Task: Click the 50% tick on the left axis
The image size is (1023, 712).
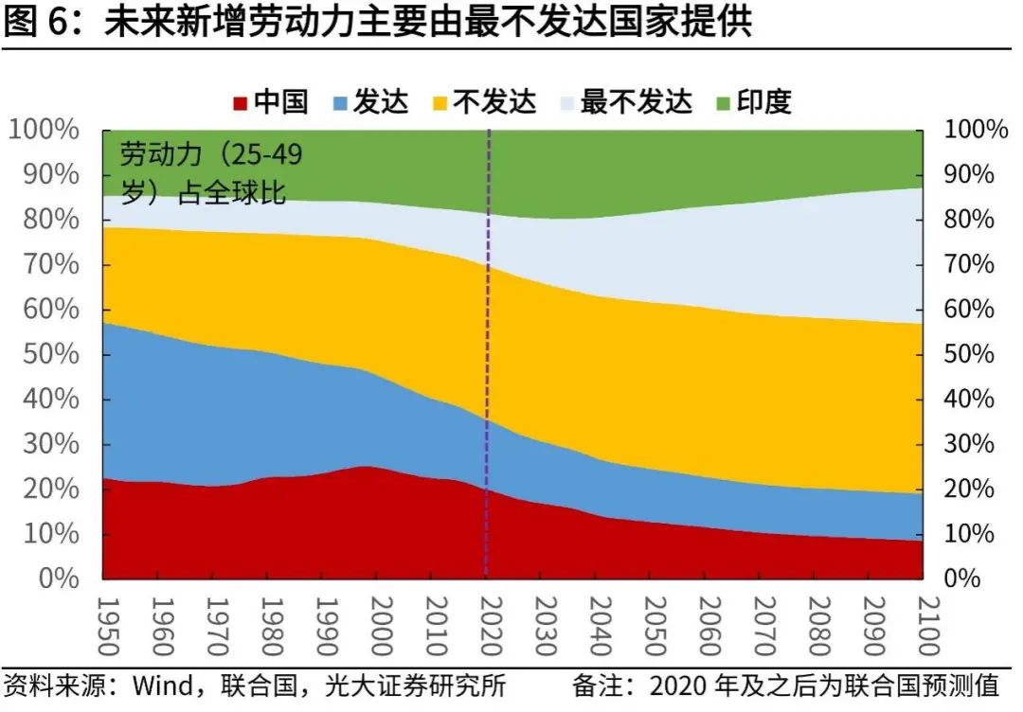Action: [45, 355]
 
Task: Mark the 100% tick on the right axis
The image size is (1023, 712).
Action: [977, 131]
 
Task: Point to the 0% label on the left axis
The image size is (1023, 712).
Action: [59, 578]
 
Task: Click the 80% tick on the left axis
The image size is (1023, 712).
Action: [45, 220]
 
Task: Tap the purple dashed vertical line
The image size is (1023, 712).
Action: [488, 379]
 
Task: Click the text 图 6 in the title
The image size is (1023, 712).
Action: [38, 23]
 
